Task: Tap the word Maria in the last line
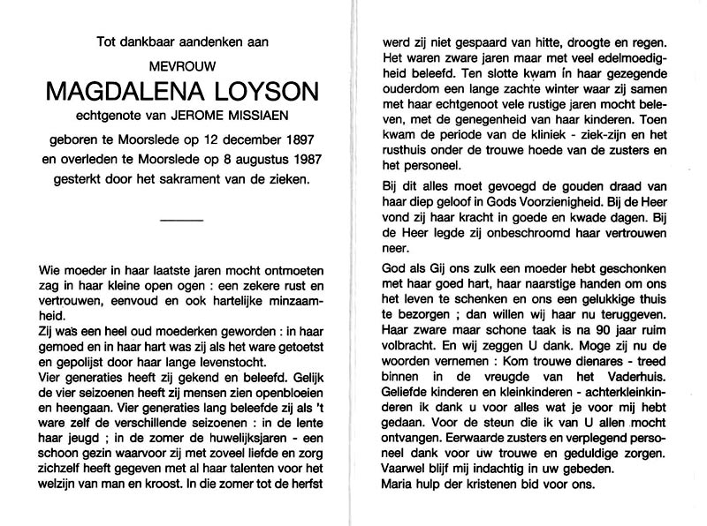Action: coord(396,485)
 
